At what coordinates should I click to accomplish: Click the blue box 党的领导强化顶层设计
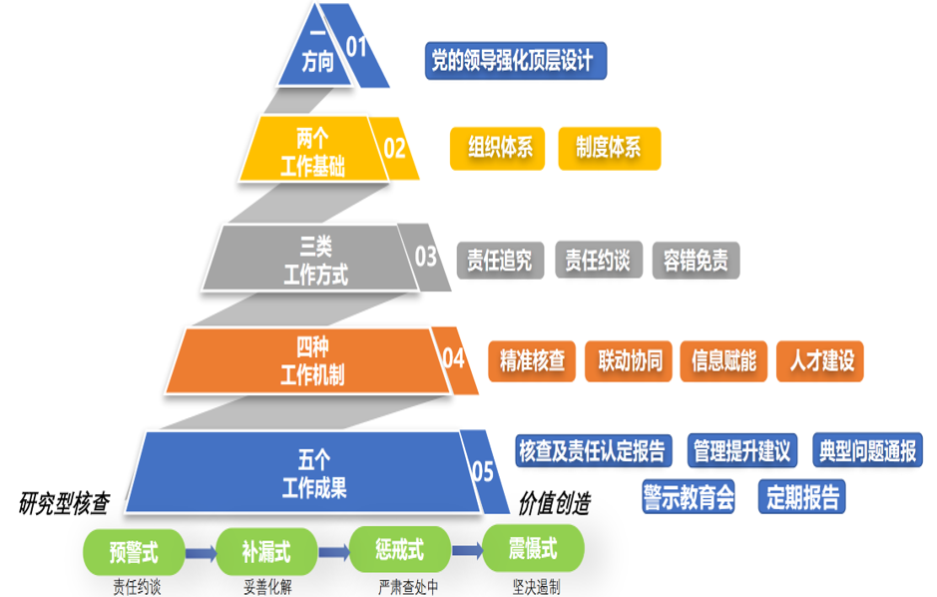[x=514, y=62]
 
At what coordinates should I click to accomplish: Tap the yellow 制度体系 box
[x=608, y=149]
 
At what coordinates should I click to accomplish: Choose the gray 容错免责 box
[x=696, y=261]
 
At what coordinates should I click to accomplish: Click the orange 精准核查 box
[x=532, y=360]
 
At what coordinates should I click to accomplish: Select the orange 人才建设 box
[x=820, y=360]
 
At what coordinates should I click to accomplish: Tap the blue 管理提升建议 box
[x=741, y=450]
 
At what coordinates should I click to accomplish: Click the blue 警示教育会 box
[x=689, y=496]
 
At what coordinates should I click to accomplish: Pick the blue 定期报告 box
[x=802, y=496]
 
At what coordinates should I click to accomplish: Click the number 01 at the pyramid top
[x=356, y=46]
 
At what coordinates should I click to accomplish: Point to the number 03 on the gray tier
[x=426, y=257]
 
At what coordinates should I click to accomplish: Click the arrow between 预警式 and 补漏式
[x=202, y=549]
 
